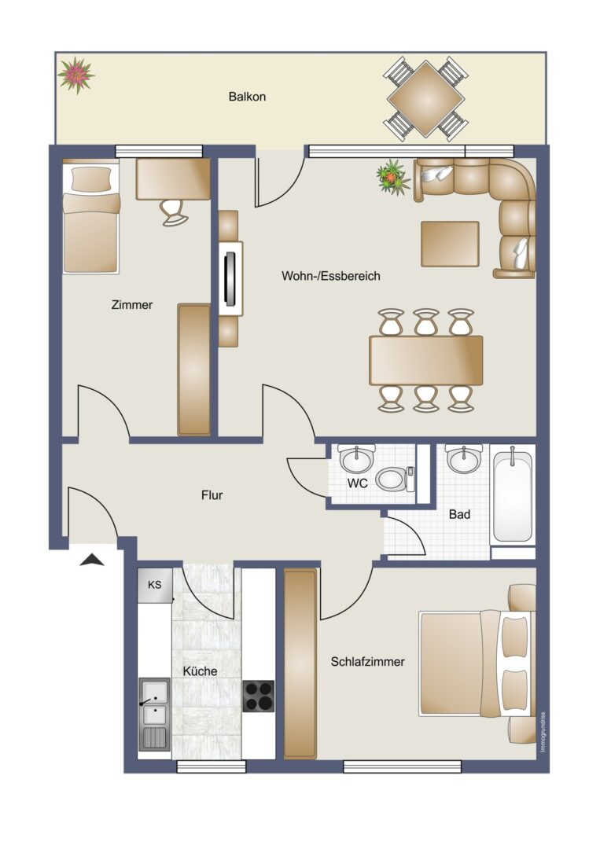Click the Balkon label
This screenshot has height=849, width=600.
coord(247,97)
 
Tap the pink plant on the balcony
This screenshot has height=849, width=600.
coord(75,75)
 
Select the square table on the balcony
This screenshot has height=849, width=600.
coord(425,99)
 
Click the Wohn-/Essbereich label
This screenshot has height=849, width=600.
coord(331,276)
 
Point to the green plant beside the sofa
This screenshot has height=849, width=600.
coord(394,177)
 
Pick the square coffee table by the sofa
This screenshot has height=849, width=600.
coord(450,244)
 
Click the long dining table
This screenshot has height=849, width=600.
coord(425,360)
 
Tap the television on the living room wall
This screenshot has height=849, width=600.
coord(231,278)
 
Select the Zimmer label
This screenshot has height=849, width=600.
coord(132,305)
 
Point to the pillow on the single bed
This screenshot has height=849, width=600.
coord(91,178)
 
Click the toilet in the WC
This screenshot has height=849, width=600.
coord(395,479)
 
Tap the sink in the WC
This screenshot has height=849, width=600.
coord(357,459)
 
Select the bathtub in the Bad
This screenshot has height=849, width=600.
coord(512,494)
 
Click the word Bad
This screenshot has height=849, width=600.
coord(459,514)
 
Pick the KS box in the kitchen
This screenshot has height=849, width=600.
coord(155,585)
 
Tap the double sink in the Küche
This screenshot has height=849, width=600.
coord(155,715)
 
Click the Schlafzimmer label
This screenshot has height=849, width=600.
coord(368,662)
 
